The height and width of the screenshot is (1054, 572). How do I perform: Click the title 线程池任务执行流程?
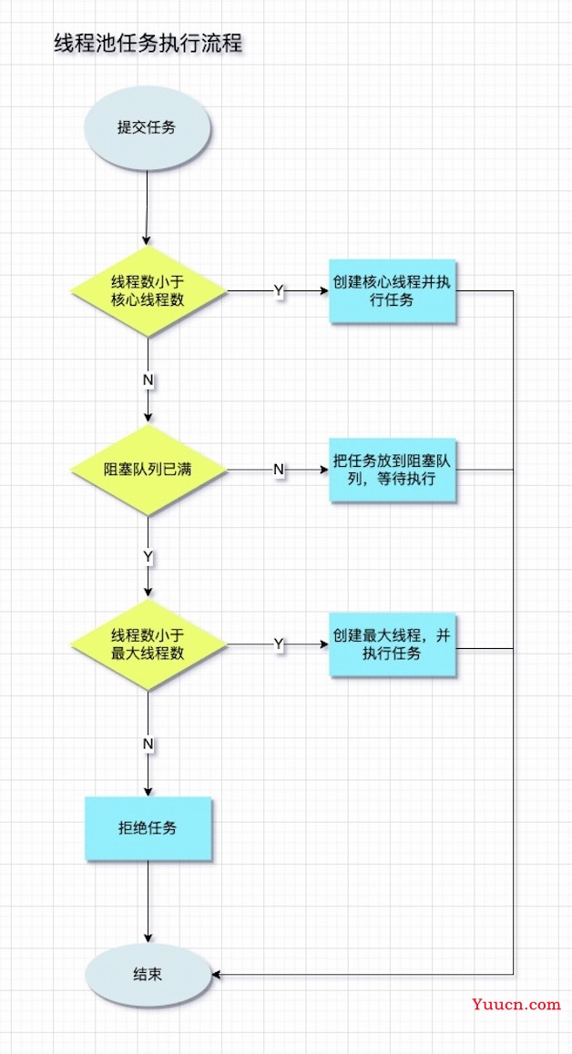(x=148, y=45)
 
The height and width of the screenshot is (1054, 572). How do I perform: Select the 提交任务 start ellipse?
(x=147, y=127)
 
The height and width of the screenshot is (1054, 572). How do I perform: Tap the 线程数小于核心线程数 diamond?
(x=148, y=292)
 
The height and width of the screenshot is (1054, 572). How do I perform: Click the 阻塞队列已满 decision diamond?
(x=148, y=470)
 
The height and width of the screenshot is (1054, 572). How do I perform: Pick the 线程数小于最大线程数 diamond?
(x=148, y=644)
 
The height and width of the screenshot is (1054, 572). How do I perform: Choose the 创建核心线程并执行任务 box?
(x=393, y=291)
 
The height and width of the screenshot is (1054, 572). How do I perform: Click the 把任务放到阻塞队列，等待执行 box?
(x=393, y=470)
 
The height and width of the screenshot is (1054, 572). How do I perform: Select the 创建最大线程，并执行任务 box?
(x=393, y=644)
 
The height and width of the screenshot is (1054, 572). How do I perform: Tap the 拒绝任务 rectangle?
(x=148, y=828)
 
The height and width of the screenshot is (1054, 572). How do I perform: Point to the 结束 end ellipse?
(x=147, y=974)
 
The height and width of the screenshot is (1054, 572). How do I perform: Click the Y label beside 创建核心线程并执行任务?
(x=279, y=291)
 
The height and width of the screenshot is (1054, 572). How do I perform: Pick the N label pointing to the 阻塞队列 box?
(x=279, y=470)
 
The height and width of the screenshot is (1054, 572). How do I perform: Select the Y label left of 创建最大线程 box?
(x=279, y=644)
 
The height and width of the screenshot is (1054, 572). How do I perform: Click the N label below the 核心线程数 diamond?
(x=148, y=380)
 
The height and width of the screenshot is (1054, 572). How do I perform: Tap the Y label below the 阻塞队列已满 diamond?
(x=148, y=557)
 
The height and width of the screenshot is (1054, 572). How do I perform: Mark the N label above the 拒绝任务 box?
(x=148, y=744)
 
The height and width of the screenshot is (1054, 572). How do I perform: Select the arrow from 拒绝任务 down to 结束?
(x=148, y=902)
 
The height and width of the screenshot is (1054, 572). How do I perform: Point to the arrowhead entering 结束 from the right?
(x=215, y=974)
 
